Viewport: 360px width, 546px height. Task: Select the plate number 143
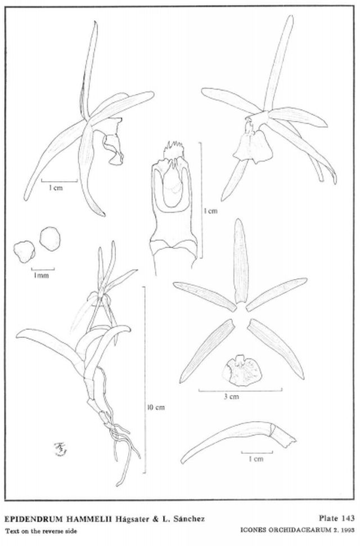pyautogui.click(x=347, y=518)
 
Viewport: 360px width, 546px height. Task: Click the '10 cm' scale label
pyautogui.click(x=156, y=407)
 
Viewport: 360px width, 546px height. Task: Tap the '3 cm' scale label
pyautogui.click(x=231, y=397)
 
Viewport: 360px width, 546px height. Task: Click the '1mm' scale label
pyautogui.click(x=41, y=275)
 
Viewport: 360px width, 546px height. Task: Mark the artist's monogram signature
pyautogui.click(x=60, y=449)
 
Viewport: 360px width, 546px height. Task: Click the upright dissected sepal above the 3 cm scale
pyautogui.click(x=241, y=261)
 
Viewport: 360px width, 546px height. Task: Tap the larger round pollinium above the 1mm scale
pyautogui.click(x=50, y=239)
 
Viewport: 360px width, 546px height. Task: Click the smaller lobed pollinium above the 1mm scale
pyautogui.click(x=24, y=252)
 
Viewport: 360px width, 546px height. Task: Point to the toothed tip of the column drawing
pyautogui.click(x=174, y=150)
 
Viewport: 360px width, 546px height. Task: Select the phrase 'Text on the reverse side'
pyautogui.click(x=41, y=531)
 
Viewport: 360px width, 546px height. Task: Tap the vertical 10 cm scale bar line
pyautogui.click(x=145, y=379)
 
